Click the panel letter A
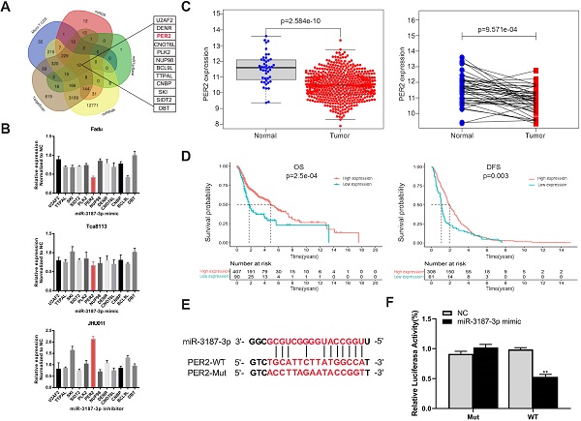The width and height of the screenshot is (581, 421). pyautogui.click(x=6, y=8)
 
